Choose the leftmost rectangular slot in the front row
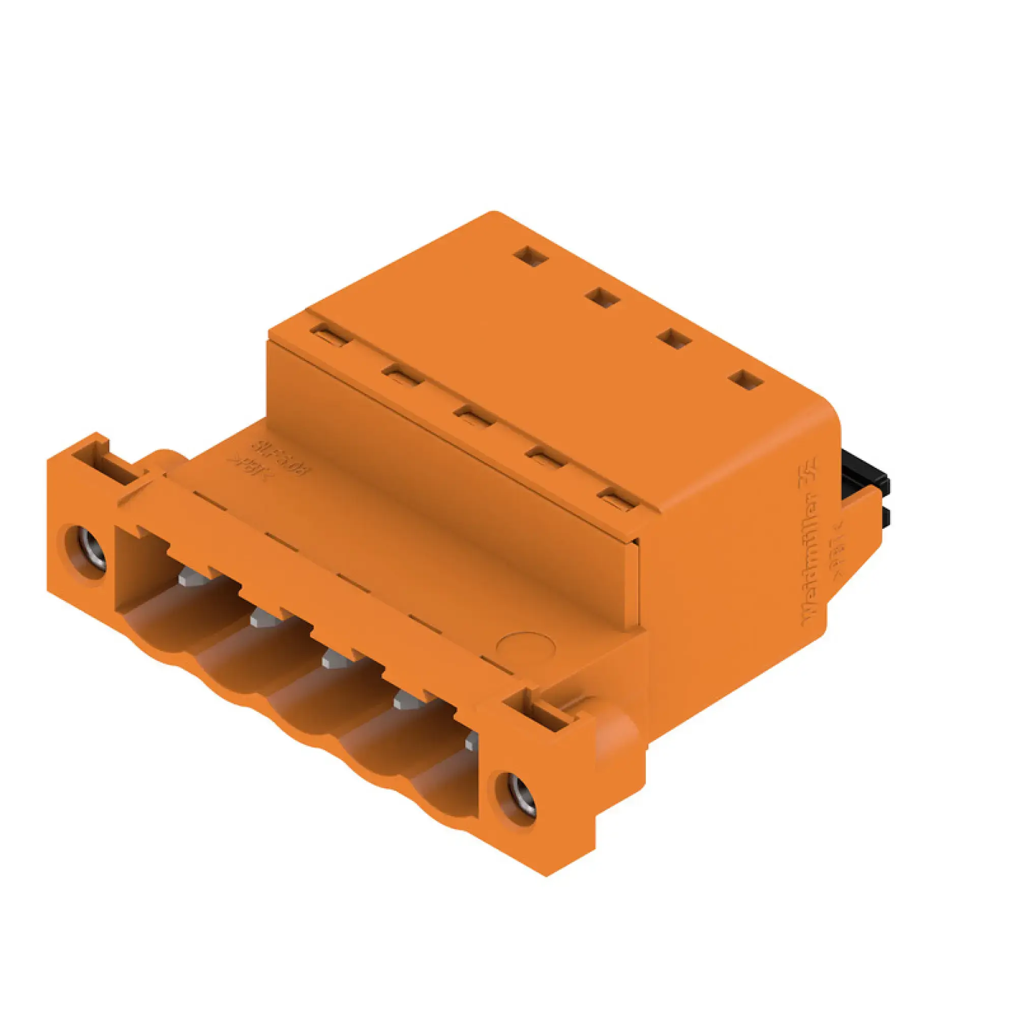pos(331,335)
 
